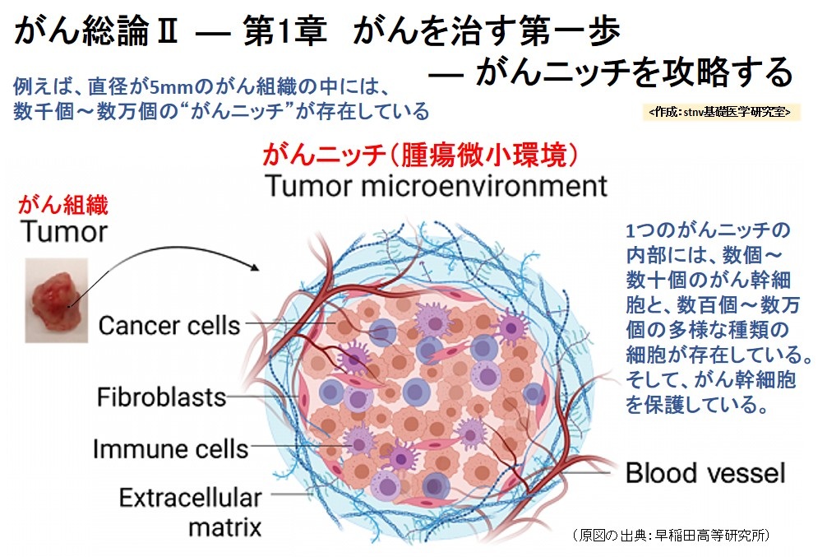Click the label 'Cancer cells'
(169, 325)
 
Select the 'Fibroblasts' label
(161, 397)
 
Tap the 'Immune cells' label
(170, 449)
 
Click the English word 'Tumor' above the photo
(64, 231)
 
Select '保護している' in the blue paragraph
(706, 405)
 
